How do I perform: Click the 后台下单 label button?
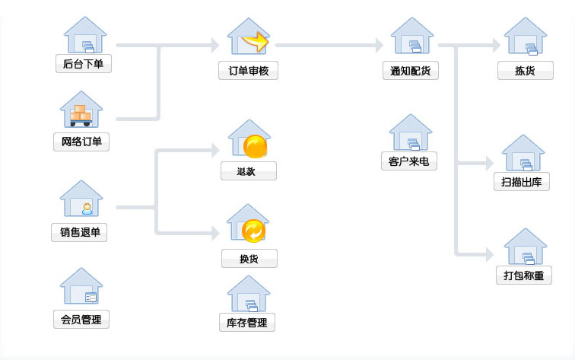(84, 64)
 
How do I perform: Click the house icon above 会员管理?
(81, 286)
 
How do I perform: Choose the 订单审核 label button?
(249, 71)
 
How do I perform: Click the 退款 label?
(248, 171)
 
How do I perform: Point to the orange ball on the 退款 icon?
(255, 145)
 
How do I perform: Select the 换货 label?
(249, 259)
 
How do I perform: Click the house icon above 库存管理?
(249, 293)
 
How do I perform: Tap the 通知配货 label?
(410, 71)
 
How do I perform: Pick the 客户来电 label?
(408, 161)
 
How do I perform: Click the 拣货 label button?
(525, 71)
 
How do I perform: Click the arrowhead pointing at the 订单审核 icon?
(215, 46)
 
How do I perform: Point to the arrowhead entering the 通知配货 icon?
(379, 46)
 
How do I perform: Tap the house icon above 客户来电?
(411, 132)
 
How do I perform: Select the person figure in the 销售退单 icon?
(87, 208)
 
